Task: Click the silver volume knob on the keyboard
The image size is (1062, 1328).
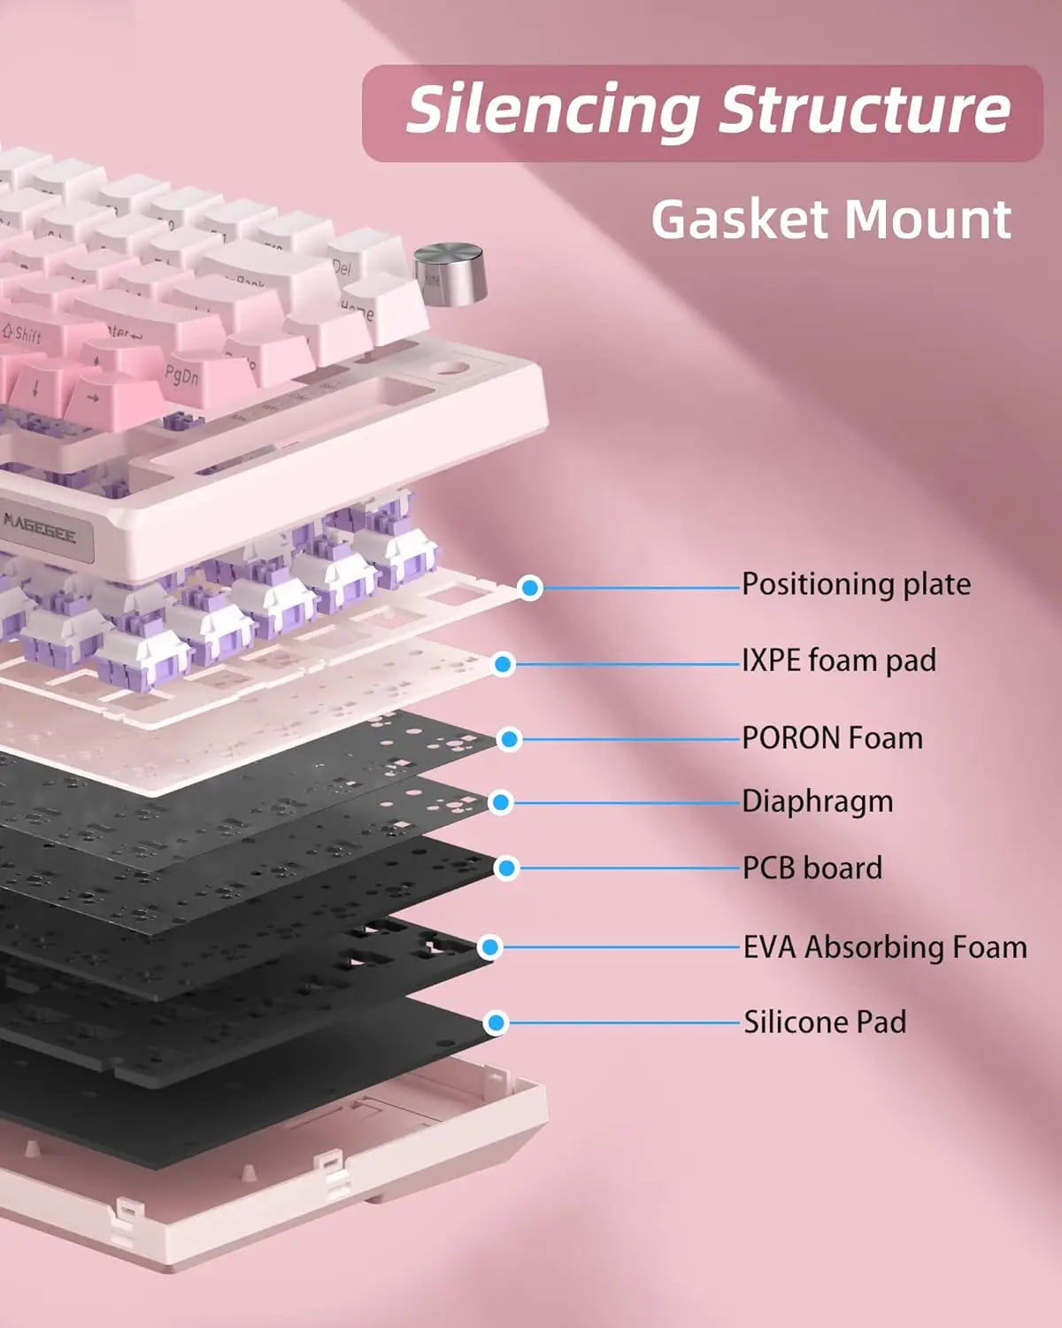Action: click(x=450, y=274)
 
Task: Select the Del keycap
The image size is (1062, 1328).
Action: click(x=342, y=265)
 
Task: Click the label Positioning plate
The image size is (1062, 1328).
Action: click(x=856, y=584)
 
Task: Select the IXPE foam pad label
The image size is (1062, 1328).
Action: click(x=838, y=660)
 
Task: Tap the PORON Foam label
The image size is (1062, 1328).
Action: click(x=832, y=737)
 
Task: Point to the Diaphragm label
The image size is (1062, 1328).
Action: click(x=817, y=801)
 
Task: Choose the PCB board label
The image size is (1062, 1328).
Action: click(x=812, y=868)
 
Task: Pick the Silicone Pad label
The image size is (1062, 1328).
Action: click(x=824, y=1023)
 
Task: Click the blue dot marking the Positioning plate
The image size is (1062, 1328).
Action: click(x=530, y=587)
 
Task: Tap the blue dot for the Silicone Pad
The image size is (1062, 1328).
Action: click(x=496, y=1023)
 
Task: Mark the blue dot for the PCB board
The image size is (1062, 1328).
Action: click(x=506, y=869)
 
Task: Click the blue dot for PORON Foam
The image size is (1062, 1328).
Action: click(x=509, y=739)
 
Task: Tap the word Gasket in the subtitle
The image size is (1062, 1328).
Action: click(x=739, y=220)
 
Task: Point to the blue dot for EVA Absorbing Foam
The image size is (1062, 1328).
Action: click(x=489, y=947)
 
